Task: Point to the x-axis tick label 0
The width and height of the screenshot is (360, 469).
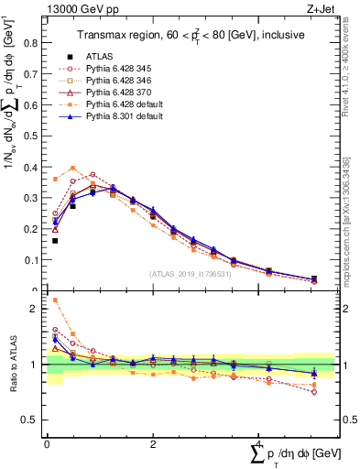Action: (x=47, y=443)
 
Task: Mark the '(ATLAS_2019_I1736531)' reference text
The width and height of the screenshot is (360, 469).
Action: (x=188, y=274)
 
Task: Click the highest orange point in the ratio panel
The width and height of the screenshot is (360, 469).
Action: (x=55, y=300)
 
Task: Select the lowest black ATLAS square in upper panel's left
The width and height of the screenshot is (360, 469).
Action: (x=55, y=241)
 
